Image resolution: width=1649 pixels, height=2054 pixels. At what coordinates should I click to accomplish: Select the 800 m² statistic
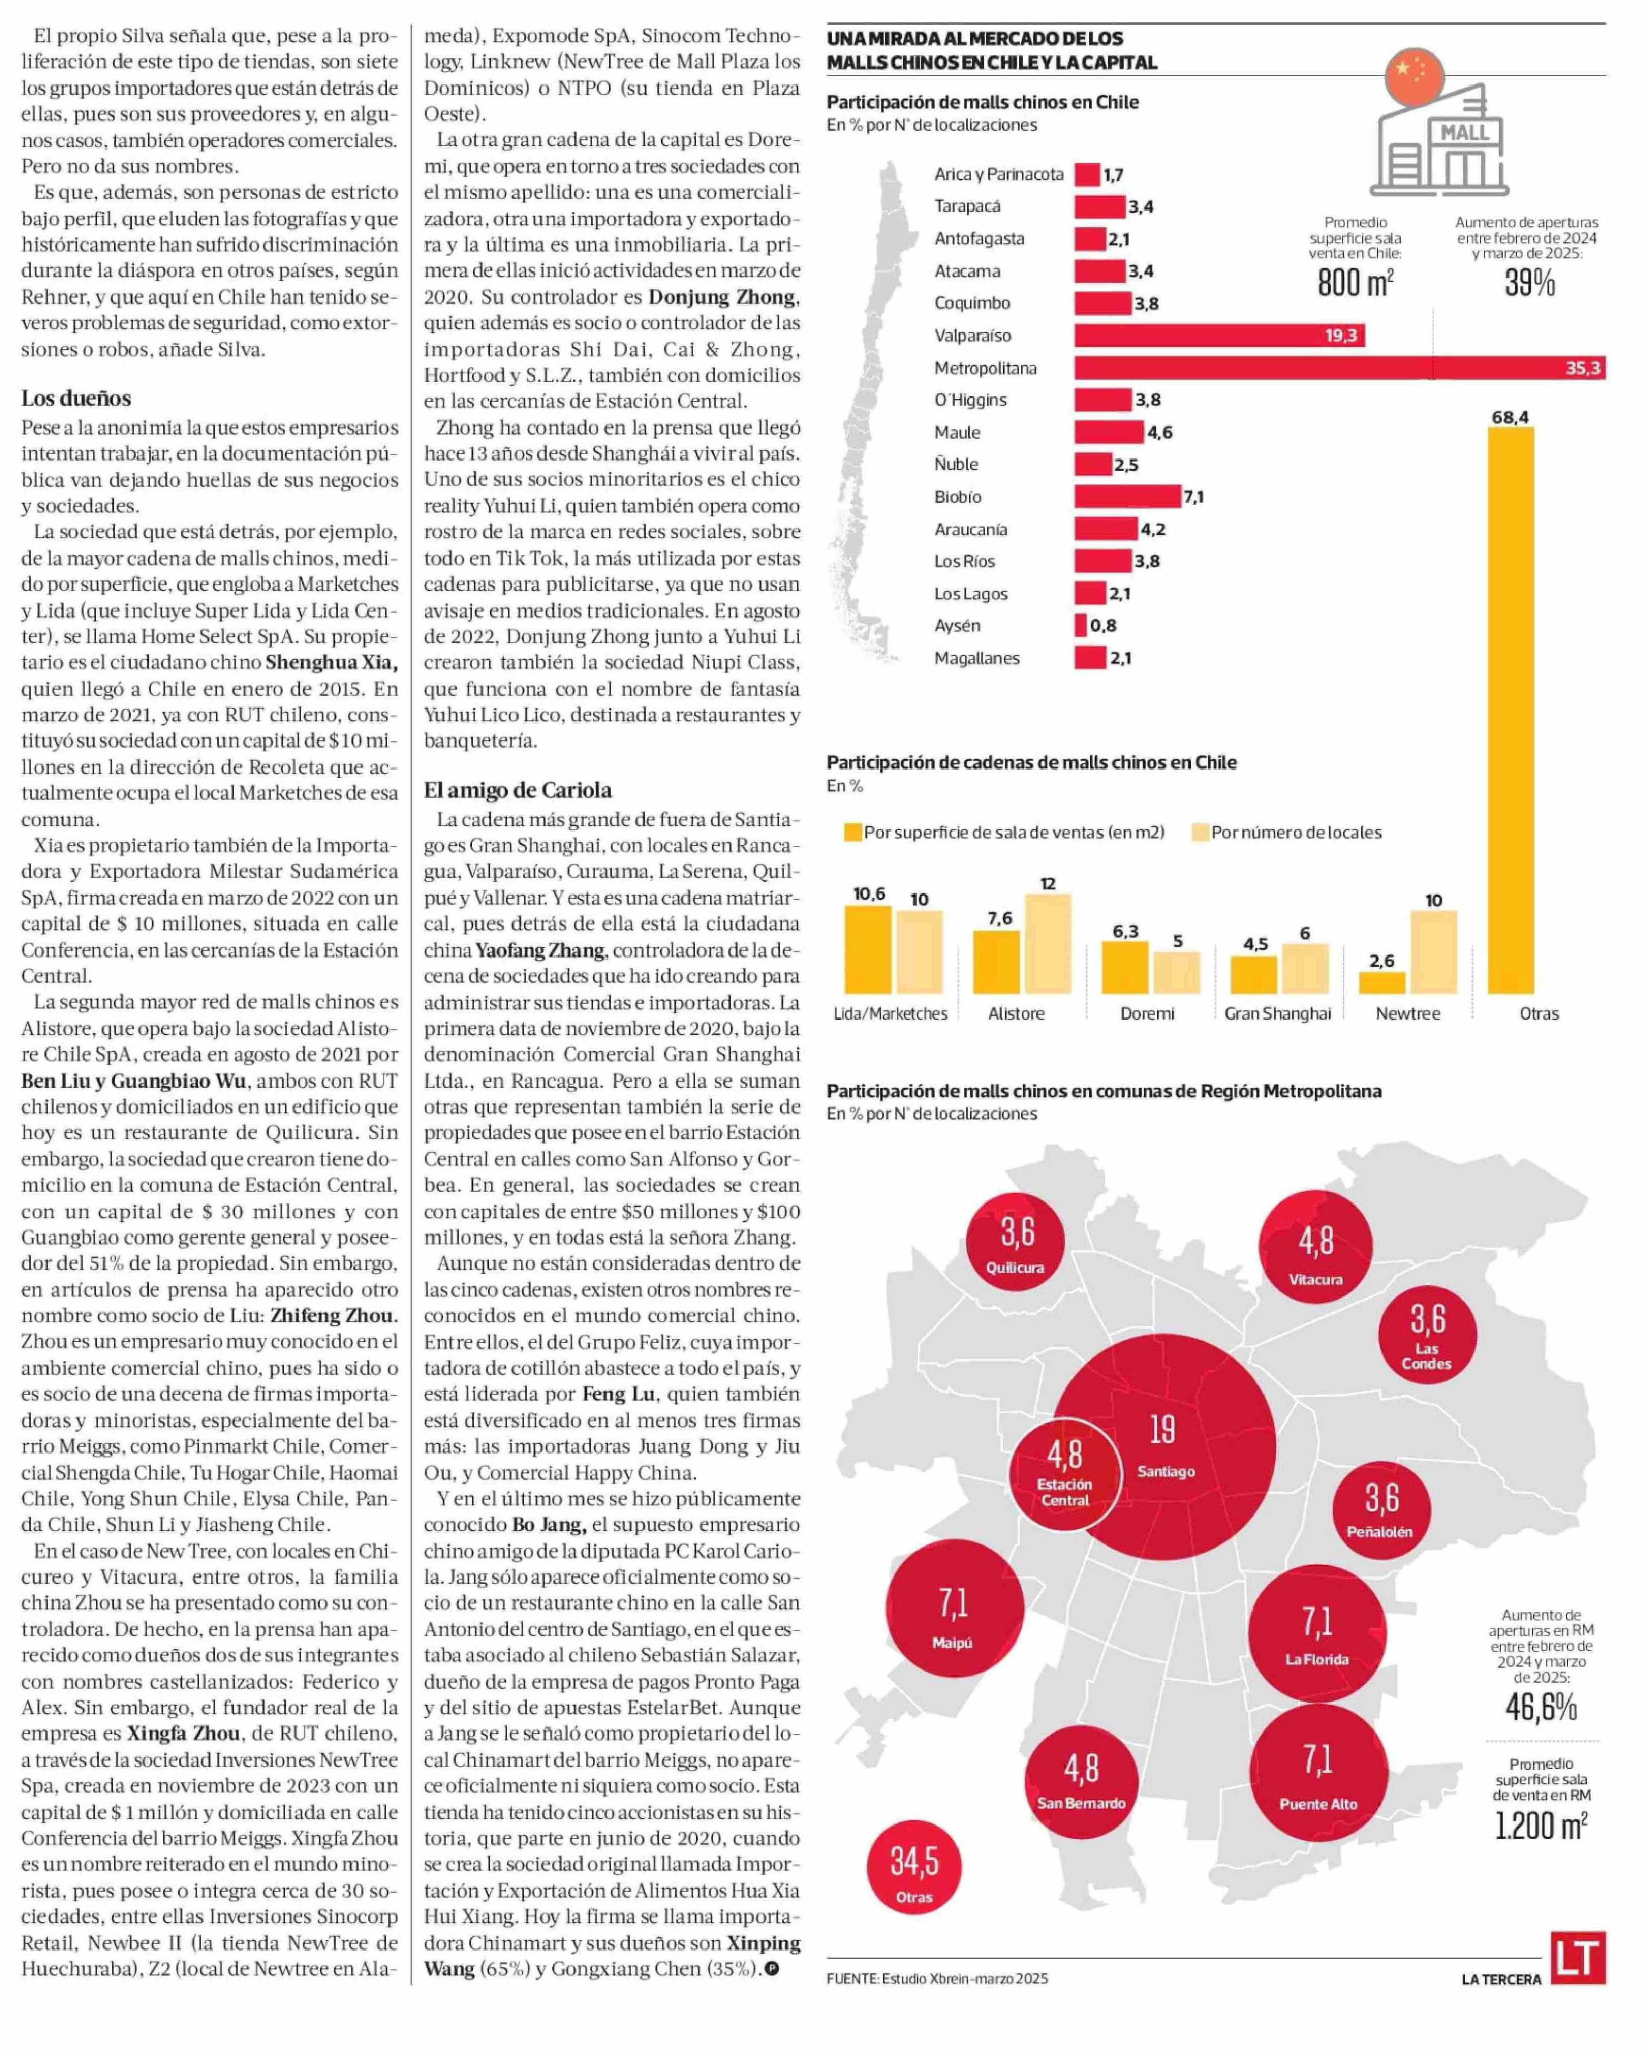[1355, 282]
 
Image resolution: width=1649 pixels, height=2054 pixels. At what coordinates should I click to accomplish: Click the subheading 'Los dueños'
[76, 398]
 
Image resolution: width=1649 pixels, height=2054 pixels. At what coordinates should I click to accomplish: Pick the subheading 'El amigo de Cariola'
[517, 790]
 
